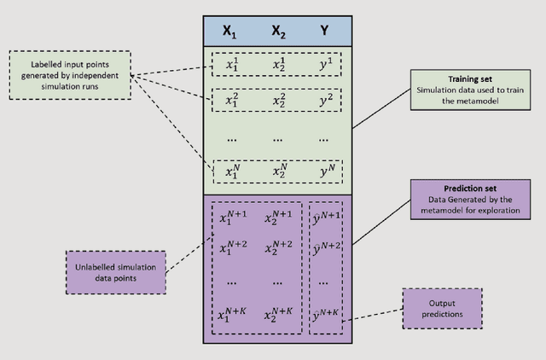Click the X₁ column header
pos(229,32)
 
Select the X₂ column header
pos(277,32)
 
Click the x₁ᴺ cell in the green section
pos(230,172)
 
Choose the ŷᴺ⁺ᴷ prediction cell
pos(327,315)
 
